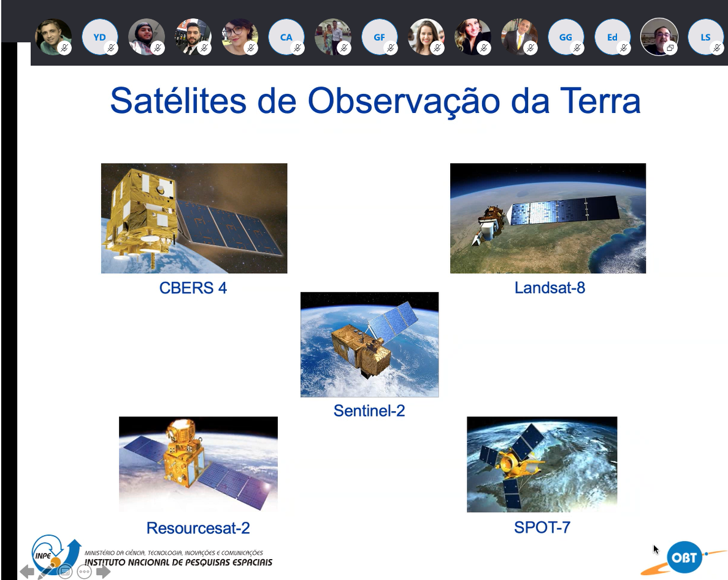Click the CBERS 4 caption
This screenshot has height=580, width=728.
193,288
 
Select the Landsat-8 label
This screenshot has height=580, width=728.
550,288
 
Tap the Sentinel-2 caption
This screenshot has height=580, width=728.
369,411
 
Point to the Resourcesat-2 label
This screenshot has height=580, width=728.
198,528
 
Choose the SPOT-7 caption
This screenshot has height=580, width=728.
542,527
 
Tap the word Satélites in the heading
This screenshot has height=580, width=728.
178,101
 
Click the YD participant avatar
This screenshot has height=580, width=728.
100,37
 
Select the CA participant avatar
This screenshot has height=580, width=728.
286,37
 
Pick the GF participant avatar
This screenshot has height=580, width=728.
379,37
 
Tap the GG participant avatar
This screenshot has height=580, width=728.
565,37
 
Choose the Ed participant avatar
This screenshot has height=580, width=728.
613,37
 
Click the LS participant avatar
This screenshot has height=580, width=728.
705,37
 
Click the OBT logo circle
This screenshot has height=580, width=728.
684,557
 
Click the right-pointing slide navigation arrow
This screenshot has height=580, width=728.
103,571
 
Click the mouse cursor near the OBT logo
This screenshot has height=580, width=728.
656,550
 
